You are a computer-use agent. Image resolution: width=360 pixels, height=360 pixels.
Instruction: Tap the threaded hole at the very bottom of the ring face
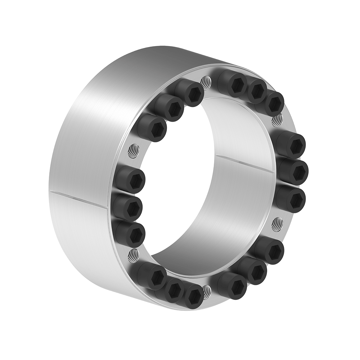[x=206, y=291]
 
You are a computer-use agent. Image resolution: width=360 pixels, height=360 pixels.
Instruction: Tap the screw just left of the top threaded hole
[x=191, y=92]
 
